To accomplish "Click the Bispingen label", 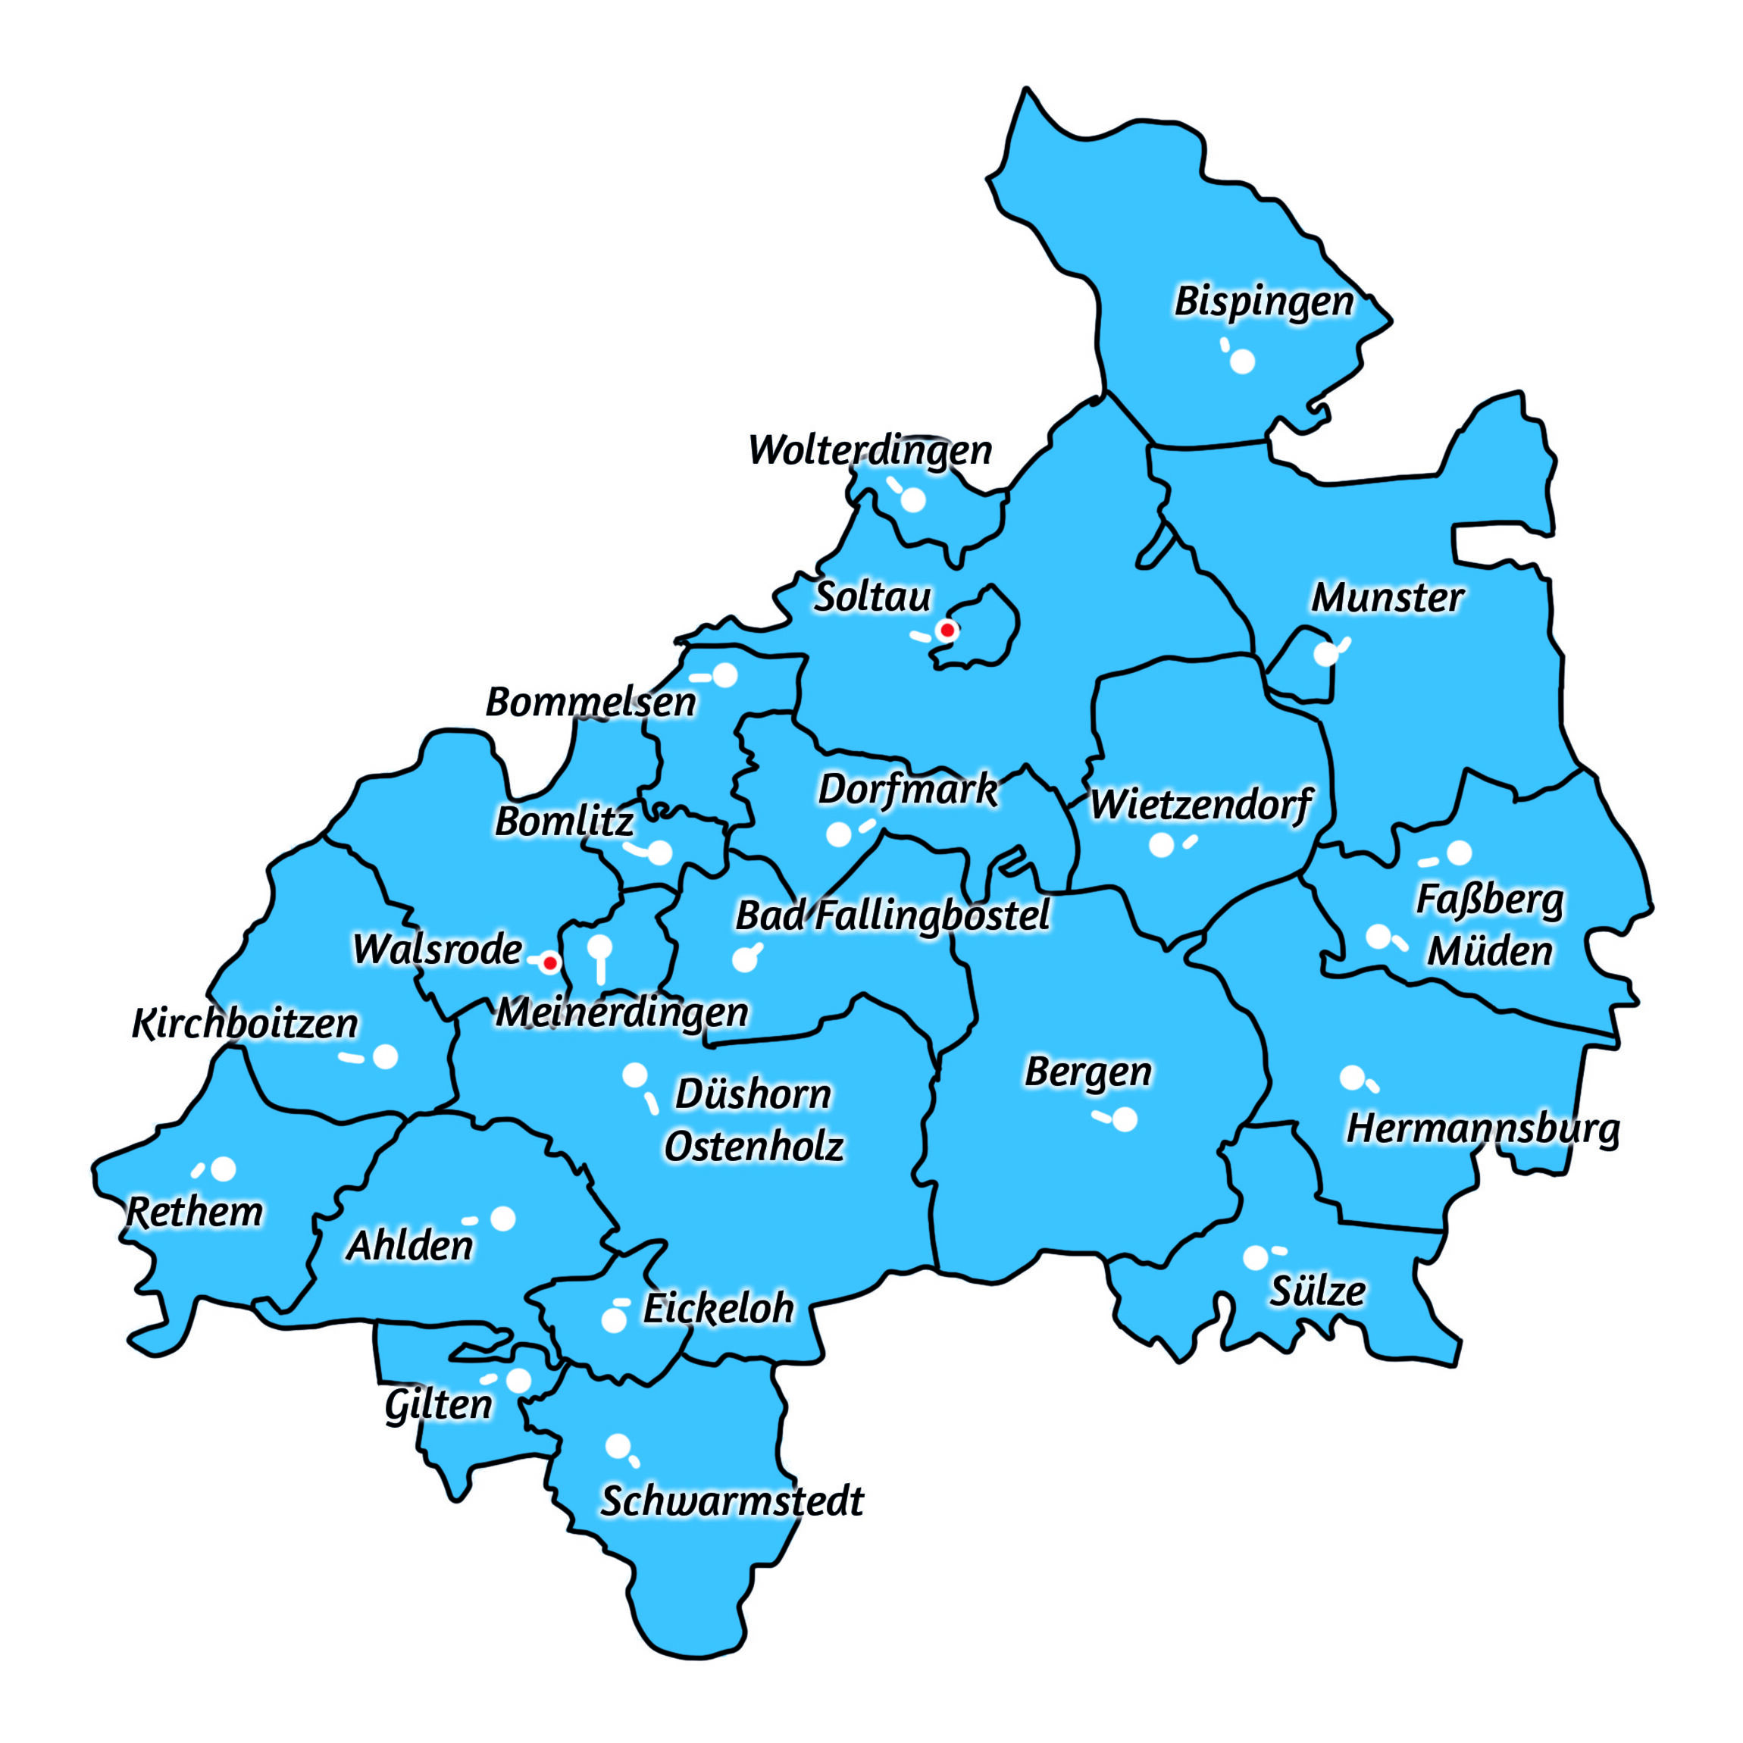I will [1264, 302].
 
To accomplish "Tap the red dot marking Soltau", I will [947, 630].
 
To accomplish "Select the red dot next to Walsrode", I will [549, 963].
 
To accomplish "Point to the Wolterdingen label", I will [870, 450].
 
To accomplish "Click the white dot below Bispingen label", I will [1242, 361].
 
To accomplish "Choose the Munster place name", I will [1387, 598].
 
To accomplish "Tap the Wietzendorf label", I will [1200, 805].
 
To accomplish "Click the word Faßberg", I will [1489, 900].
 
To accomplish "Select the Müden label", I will [1489, 952].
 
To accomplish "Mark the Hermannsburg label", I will [1482, 1128].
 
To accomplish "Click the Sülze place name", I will [1317, 1292].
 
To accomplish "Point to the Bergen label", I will [1088, 1072].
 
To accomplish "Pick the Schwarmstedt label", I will [731, 1501].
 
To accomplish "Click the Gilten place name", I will [439, 1405].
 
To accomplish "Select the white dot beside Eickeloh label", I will [614, 1321].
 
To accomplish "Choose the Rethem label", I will [195, 1213].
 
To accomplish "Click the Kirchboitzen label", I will [246, 1024].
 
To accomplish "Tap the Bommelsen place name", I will [591, 703].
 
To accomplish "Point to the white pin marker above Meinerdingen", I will [600, 947].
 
